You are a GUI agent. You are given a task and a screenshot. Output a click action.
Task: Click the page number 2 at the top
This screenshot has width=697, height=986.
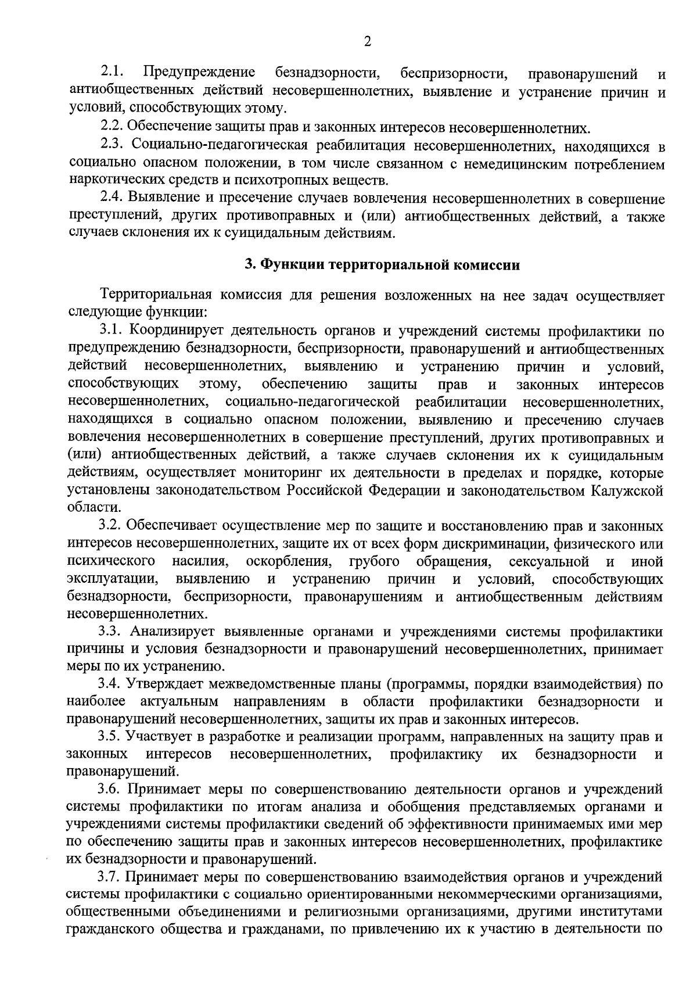tap(367, 41)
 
